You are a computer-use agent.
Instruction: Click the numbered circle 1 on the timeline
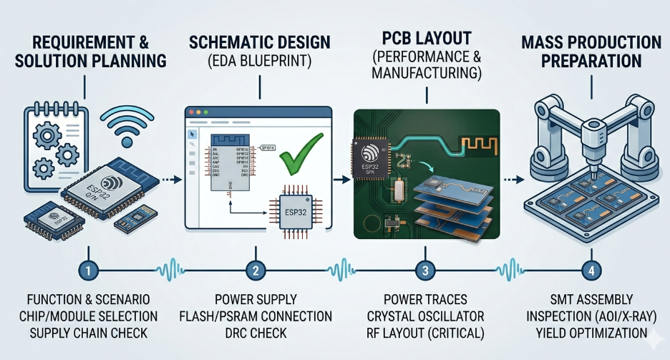click(87, 271)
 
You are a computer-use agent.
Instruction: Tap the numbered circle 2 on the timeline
click(255, 271)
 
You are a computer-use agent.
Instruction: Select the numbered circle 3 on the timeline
click(425, 271)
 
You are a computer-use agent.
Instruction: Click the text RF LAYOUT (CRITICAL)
click(424, 333)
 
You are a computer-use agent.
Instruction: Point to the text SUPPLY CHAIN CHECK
click(87, 333)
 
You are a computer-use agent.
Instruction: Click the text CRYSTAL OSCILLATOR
click(425, 316)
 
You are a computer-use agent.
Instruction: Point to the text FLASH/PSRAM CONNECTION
click(255, 316)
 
